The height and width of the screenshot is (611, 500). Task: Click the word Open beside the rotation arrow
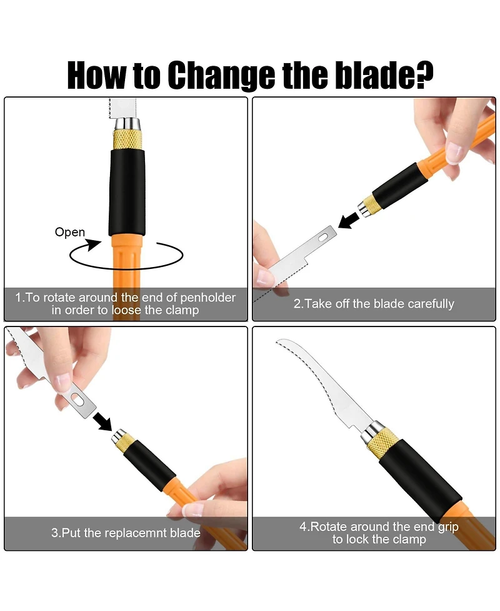tap(70, 232)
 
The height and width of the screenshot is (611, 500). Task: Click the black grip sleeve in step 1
tap(127, 193)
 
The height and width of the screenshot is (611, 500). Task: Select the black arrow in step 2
tap(349, 220)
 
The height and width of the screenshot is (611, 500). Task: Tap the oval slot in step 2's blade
tap(323, 237)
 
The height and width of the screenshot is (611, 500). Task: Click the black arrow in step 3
tap(102, 422)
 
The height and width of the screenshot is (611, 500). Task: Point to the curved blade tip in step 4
tap(277, 341)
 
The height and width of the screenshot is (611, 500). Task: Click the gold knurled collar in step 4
tap(383, 442)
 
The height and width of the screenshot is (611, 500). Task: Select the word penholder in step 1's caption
tap(207, 298)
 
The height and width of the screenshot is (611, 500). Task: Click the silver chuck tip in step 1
tap(127, 124)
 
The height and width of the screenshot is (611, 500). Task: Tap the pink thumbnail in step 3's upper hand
tap(64, 382)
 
